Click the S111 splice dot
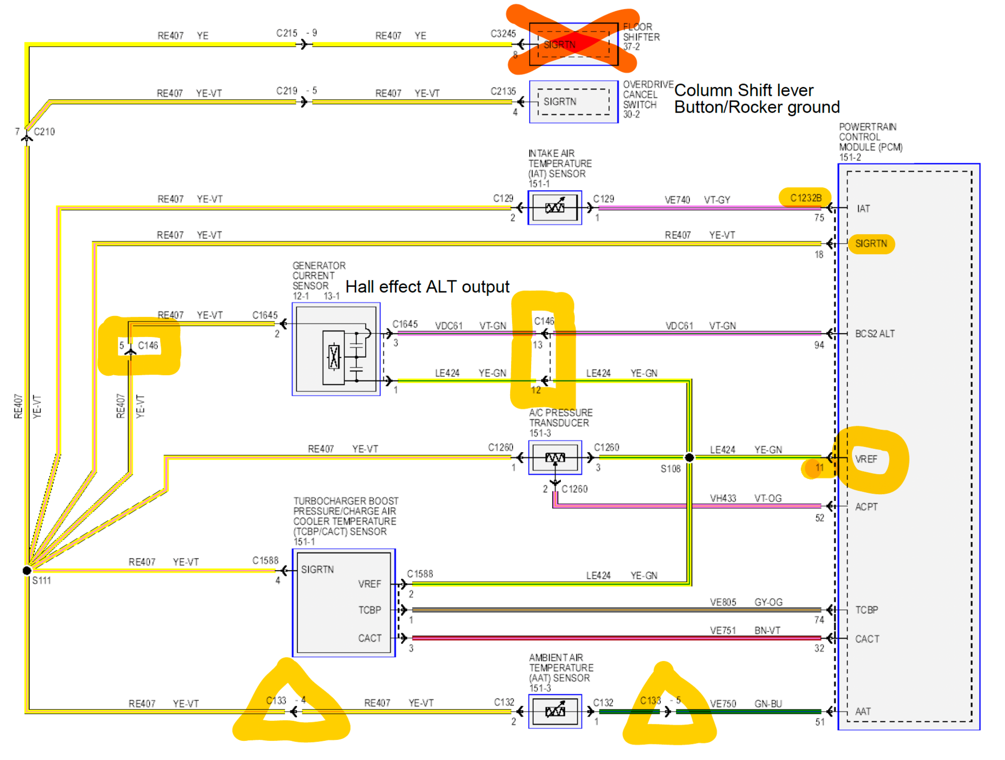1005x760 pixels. click(27, 570)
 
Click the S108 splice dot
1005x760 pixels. click(689, 457)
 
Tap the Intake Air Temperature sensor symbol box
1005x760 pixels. click(555, 207)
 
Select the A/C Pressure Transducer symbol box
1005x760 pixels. click(555, 457)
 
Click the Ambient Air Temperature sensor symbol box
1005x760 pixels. click(555, 711)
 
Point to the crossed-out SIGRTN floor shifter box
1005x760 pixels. click(573, 44)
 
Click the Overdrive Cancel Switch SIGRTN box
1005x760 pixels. click(573, 101)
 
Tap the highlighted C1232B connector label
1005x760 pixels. click(806, 198)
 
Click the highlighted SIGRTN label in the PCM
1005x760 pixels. click(871, 244)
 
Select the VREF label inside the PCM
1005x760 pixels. click(866, 459)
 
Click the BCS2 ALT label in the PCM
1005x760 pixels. click(874, 334)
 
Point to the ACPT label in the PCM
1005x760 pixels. click(866, 507)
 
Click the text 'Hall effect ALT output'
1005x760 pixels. click(427, 286)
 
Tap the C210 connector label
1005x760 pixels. click(44, 132)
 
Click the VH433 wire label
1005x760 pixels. click(723, 498)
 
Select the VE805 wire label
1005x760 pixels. click(723, 602)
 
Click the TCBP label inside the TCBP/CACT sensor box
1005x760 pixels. click(369, 610)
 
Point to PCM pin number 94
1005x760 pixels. click(819, 345)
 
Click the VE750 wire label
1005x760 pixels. click(723, 703)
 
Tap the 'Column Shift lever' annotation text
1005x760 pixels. click(743, 90)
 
